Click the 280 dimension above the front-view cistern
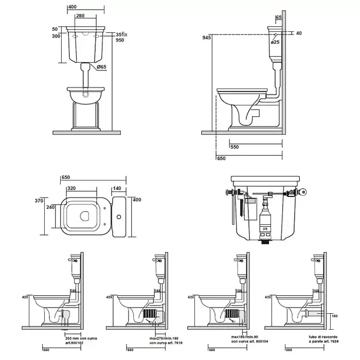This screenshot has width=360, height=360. coord(80,16)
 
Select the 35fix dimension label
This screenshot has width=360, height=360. coord(121,33)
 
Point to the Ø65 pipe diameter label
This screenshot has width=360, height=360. coord(101,67)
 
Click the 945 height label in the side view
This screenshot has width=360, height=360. coord(207,38)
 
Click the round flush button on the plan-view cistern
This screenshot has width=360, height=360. coord(119,217)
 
